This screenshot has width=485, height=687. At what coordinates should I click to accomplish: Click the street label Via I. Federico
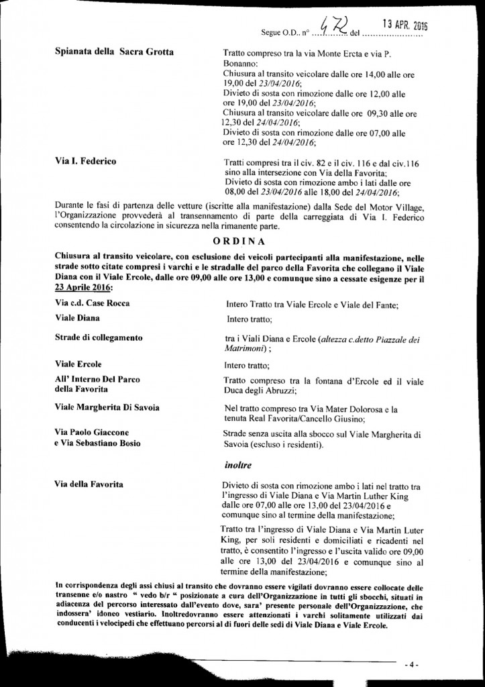tap(85, 162)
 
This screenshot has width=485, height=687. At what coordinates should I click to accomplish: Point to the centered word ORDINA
tap(242, 241)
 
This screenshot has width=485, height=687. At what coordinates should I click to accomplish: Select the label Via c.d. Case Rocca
tap(93, 303)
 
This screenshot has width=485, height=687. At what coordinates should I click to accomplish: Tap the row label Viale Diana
tap(78, 319)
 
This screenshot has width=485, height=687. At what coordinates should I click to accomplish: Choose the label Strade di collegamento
tap(99, 337)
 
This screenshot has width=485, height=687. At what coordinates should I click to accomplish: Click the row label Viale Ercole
tap(78, 364)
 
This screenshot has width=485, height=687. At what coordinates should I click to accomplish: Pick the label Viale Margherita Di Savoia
tap(107, 407)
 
